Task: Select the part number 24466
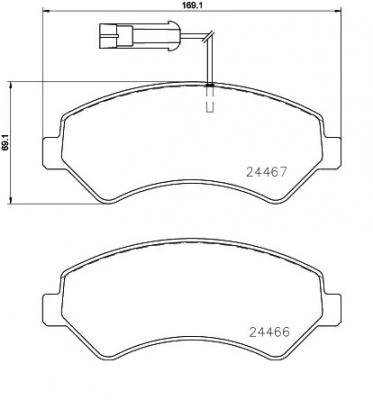pos(268,335)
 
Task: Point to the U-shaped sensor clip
pos(210,103)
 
